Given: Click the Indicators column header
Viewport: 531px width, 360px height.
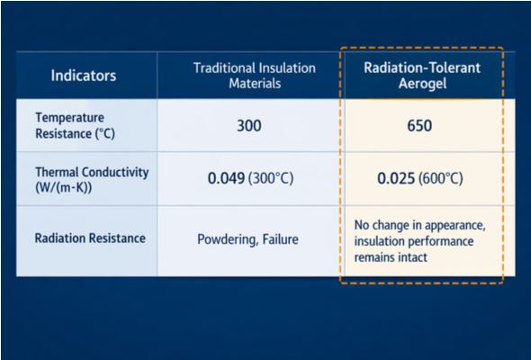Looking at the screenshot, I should [84, 76].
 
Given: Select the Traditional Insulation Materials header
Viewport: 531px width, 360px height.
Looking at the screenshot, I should [256, 76].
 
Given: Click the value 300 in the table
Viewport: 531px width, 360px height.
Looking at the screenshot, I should [249, 125].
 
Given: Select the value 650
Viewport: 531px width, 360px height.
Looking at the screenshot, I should [419, 125].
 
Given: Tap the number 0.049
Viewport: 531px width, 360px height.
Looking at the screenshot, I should [228, 178].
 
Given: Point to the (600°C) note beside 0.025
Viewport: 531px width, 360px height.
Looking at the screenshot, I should [441, 178].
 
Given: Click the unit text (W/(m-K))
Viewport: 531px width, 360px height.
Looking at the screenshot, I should [66, 186].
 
